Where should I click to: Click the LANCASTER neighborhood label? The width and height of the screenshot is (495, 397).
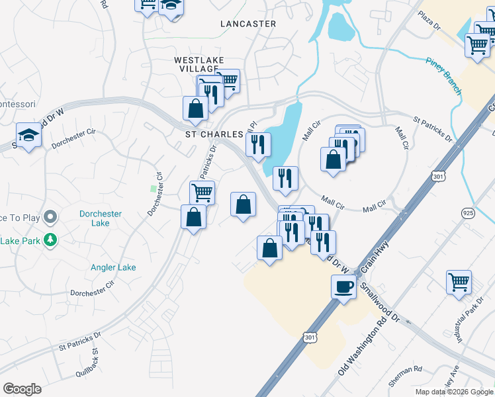coord(248,24)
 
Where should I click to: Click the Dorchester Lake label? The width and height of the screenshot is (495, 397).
coord(103,218)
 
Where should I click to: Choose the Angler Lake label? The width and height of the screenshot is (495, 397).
coord(113,267)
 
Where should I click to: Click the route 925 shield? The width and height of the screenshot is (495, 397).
coord(467,212)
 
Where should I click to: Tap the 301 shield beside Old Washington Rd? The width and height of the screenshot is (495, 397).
coord(310,337)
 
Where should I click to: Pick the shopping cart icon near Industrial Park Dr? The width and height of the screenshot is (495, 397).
coord(459,281)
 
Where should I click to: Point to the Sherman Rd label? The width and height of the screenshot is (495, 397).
coord(408,369)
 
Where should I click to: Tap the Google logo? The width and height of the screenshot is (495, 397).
coord(22,388)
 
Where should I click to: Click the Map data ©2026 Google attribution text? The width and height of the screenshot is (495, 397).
coord(453,392)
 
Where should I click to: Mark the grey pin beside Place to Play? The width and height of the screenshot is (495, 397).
coord(50,217)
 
